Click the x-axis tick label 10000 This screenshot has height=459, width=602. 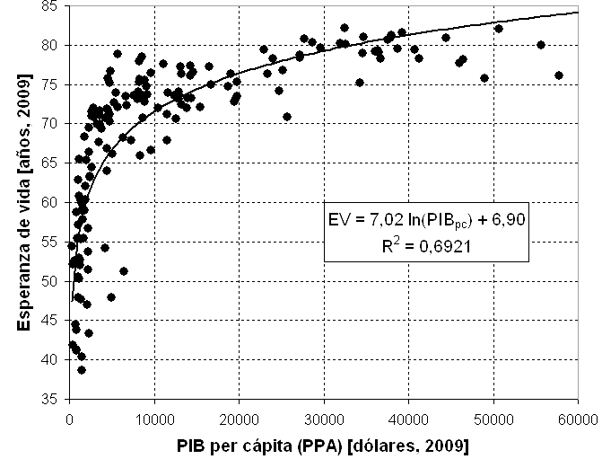(x=154, y=417)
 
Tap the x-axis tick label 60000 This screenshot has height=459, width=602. (x=578, y=417)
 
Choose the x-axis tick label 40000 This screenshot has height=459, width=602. (x=408, y=417)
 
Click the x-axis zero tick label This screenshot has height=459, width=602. (x=70, y=417)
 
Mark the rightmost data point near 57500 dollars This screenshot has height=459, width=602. (x=558, y=75)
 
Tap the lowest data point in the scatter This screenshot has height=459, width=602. (x=82, y=370)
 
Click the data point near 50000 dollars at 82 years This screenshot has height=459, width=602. (x=499, y=28)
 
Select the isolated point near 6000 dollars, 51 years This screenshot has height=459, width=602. (x=124, y=271)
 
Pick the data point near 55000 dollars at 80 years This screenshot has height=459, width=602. (x=540, y=44)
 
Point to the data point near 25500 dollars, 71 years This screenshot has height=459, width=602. (x=287, y=116)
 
